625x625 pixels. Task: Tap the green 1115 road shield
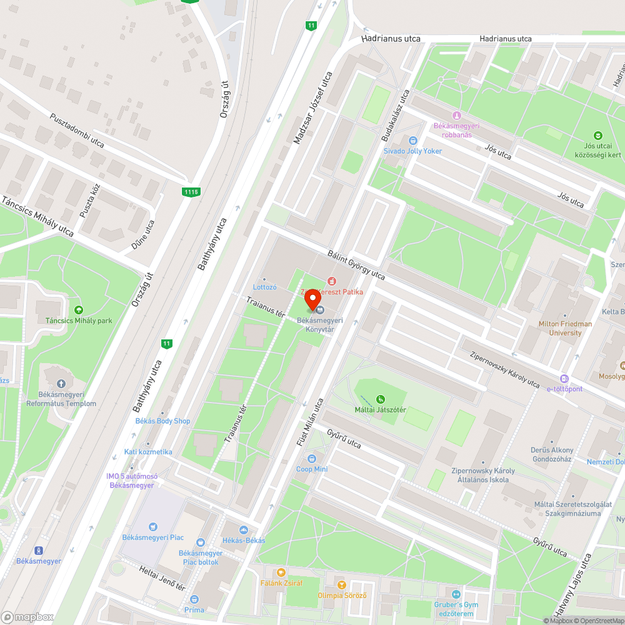[x=192, y=192]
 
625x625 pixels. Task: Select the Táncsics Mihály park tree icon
[x=79, y=310]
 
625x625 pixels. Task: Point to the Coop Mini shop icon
[x=312, y=459]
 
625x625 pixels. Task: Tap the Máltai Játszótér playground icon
[x=381, y=399]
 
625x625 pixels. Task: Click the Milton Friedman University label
[x=565, y=328]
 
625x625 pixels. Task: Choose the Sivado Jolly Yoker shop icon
[x=412, y=141]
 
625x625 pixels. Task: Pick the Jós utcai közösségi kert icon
[x=598, y=136]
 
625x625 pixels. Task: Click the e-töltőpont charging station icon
[x=564, y=378]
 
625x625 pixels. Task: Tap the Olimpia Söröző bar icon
[x=341, y=585]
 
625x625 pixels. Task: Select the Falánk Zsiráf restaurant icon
[x=281, y=572]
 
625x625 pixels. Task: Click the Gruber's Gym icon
[x=456, y=594]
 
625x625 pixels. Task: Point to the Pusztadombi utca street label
[x=77, y=130]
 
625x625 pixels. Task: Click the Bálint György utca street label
[x=356, y=266]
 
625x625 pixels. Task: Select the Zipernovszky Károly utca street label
[x=504, y=368]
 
